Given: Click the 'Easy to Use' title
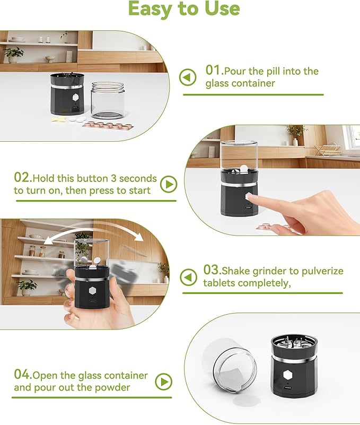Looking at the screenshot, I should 184,10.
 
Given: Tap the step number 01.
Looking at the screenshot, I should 214,71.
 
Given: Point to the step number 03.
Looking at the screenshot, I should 212,271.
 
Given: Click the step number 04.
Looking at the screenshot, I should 23,376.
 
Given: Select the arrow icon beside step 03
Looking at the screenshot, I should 188,277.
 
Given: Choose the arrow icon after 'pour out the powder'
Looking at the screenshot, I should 165,381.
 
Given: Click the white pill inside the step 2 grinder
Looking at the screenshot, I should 243,169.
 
